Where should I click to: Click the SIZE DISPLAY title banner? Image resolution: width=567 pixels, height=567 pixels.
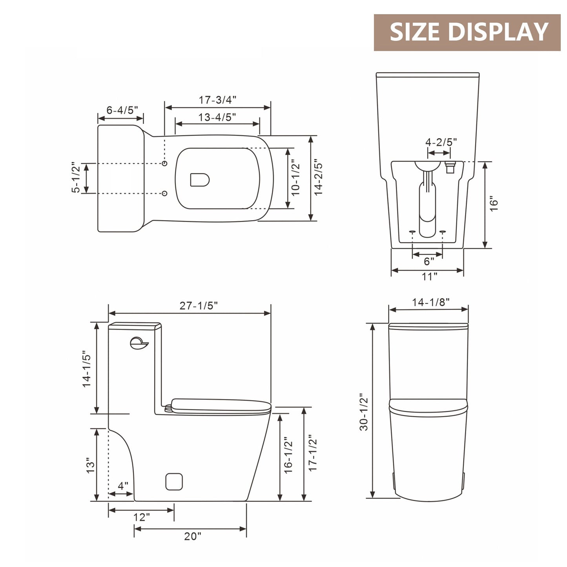pyautogui.click(x=467, y=32)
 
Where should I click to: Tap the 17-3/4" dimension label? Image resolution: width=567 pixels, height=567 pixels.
pyautogui.click(x=217, y=100)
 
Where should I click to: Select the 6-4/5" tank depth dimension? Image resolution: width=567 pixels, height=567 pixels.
pyautogui.click(x=122, y=110)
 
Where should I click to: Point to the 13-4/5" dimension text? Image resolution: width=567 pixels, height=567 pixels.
pyautogui.click(x=217, y=117)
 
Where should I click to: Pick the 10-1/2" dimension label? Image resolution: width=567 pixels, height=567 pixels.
pyautogui.click(x=295, y=179)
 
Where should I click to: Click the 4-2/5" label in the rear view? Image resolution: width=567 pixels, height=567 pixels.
pyautogui.click(x=441, y=142)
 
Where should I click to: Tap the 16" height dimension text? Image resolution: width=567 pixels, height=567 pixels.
pyautogui.click(x=494, y=205)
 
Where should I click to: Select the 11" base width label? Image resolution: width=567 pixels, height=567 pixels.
pyautogui.click(x=430, y=277)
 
